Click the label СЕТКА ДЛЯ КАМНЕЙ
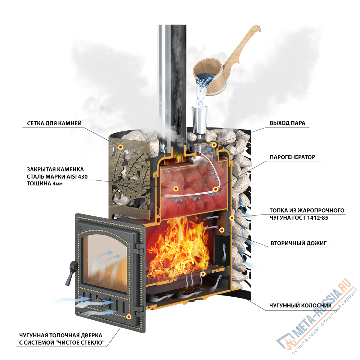click(x=54, y=123)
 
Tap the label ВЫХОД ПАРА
click(x=287, y=123)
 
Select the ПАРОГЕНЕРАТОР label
click(x=292, y=157)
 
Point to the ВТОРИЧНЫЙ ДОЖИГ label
click(x=298, y=243)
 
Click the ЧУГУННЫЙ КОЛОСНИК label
click(x=300, y=305)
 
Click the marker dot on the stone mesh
click(x=121, y=147)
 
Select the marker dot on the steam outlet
click(x=214, y=145)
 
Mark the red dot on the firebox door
click(x=129, y=316)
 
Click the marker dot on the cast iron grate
click(x=203, y=274)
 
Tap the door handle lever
click(x=71, y=273)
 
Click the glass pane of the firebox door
click(x=104, y=263)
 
